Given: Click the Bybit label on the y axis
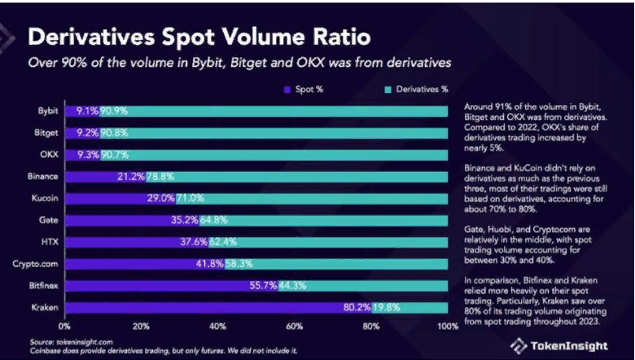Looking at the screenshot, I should pos(46,109).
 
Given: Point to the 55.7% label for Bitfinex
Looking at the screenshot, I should pos(261,285).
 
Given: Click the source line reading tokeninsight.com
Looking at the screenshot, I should pos(60,341).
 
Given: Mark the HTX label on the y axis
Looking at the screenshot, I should pos(48,241).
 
